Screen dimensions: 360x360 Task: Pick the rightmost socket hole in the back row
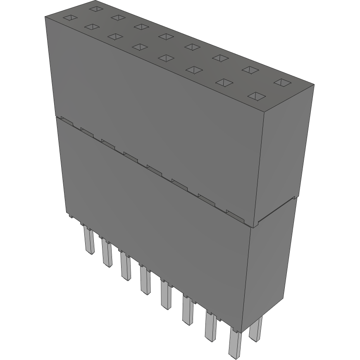coord(282,83)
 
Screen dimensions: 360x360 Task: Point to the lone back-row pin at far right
coord(256,329)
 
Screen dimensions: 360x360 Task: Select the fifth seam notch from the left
coord(154,168)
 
